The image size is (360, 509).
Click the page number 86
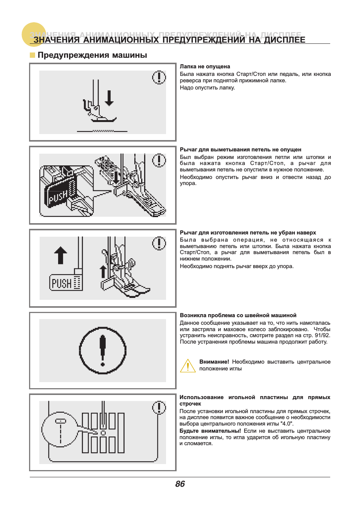tap(180, 484)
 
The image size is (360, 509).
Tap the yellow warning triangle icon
tap(188, 366)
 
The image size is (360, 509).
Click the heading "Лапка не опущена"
tap(205, 66)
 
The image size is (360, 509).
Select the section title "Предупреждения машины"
tap(92, 55)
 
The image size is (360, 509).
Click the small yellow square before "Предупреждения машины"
tap(32, 55)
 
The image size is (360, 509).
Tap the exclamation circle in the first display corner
tap(159, 77)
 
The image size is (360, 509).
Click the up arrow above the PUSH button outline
tap(60, 255)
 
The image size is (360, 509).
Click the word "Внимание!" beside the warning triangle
tap(214, 362)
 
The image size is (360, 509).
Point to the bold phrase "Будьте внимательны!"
tap(210, 431)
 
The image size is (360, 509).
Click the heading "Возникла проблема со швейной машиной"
tap(238, 315)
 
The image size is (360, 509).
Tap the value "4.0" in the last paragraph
tap(287, 424)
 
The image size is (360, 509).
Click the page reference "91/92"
tap(322, 335)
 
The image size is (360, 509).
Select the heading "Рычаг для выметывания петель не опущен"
tap(240, 150)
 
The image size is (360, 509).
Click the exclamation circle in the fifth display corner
tap(159, 407)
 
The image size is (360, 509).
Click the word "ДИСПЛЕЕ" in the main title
tap(285, 40)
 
